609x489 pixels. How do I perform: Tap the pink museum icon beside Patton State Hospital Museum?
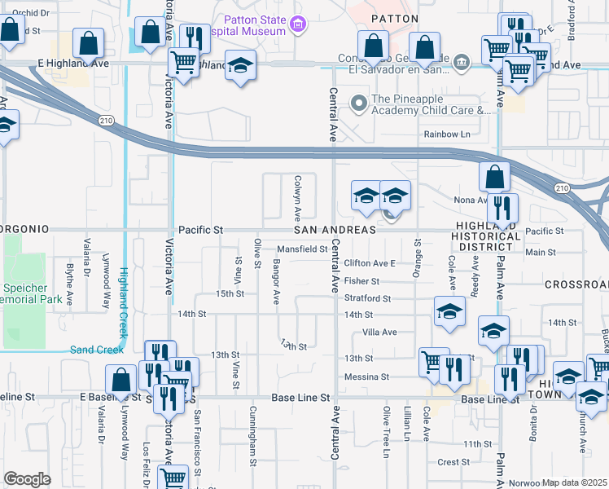pyautogui.click(x=298, y=24)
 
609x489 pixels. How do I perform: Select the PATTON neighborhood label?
pyautogui.click(x=394, y=18)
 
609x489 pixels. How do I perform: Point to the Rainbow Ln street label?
pyautogui.click(x=447, y=134)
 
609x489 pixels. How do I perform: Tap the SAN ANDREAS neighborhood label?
pyautogui.click(x=340, y=231)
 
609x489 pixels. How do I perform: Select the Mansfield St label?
pyautogui.click(x=301, y=249)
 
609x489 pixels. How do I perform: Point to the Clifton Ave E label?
pyautogui.click(x=369, y=264)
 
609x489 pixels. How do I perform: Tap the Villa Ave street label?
pyautogui.click(x=379, y=333)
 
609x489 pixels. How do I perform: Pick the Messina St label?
pyautogui.click(x=367, y=377)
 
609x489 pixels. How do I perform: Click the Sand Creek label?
pyautogui.click(x=96, y=350)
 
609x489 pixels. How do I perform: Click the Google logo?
pyautogui.click(x=27, y=479)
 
